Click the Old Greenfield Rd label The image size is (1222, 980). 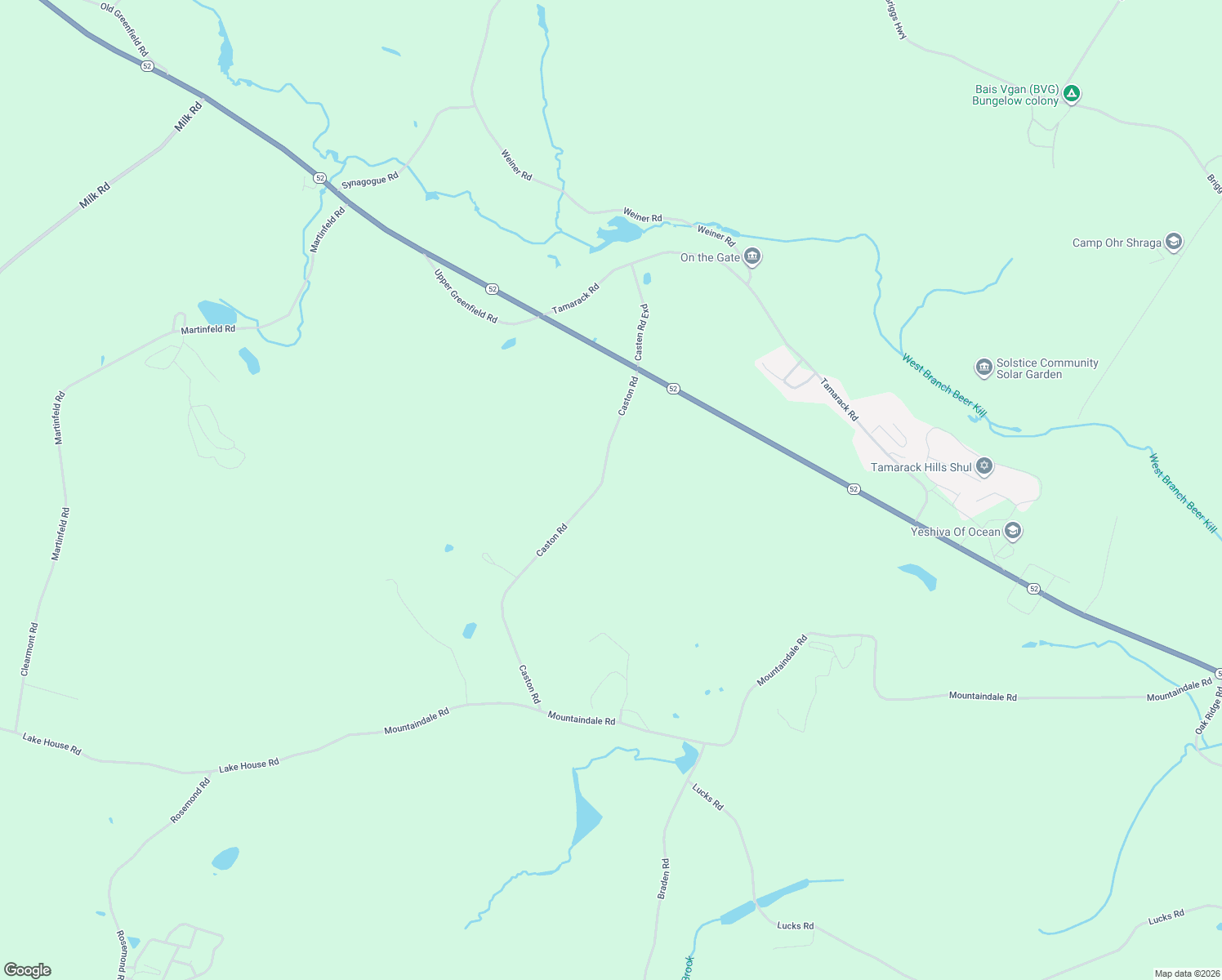point(124,29)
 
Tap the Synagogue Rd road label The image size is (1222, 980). point(370,180)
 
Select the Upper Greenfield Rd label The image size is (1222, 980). point(466,296)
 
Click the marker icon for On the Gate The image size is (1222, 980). point(752,258)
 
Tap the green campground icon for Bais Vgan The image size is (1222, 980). point(1072,95)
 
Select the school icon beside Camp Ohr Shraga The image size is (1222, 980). point(1173,243)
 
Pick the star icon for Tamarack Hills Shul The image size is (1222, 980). point(984,467)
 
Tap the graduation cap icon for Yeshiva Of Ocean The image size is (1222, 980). point(1013,532)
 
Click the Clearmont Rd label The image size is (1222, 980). point(29,649)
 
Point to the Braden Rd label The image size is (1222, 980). point(664,879)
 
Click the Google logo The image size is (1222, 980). point(28,970)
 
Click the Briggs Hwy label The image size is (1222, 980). point(896,20)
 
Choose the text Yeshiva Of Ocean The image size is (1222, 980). point(955,532)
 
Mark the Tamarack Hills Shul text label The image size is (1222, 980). point(921,468)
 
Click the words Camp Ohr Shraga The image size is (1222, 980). point(1117,243)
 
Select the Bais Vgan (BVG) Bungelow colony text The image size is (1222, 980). point(1015,96)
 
